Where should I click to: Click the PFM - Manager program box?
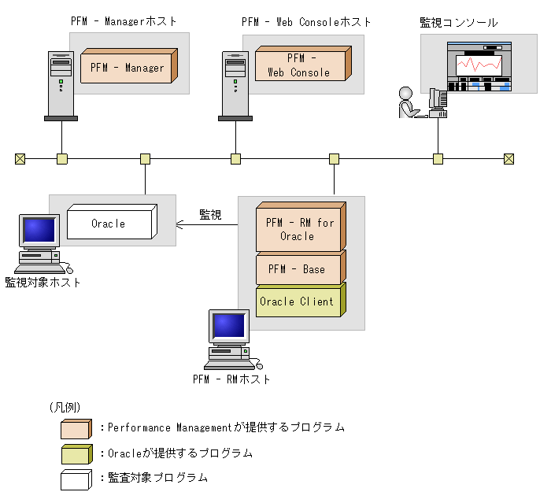point(128,68)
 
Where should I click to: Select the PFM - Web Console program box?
point(299,65)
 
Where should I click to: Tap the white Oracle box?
point(109,224)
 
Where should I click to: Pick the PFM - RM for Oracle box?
point(297,229)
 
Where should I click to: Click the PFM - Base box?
point(297,269)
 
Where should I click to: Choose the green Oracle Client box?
point(297,301)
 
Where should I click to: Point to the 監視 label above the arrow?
point(210,213)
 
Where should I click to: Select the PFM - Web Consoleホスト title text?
point(306,22)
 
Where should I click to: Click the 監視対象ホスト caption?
point(43,283)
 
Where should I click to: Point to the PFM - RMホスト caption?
point(231,379)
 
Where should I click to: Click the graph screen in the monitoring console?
point(478,68)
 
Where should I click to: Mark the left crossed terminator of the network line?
point(20,159)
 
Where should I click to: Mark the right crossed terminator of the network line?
point(509,159)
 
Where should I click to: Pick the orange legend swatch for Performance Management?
point(76,429)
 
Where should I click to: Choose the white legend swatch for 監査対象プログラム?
point(76,479)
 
